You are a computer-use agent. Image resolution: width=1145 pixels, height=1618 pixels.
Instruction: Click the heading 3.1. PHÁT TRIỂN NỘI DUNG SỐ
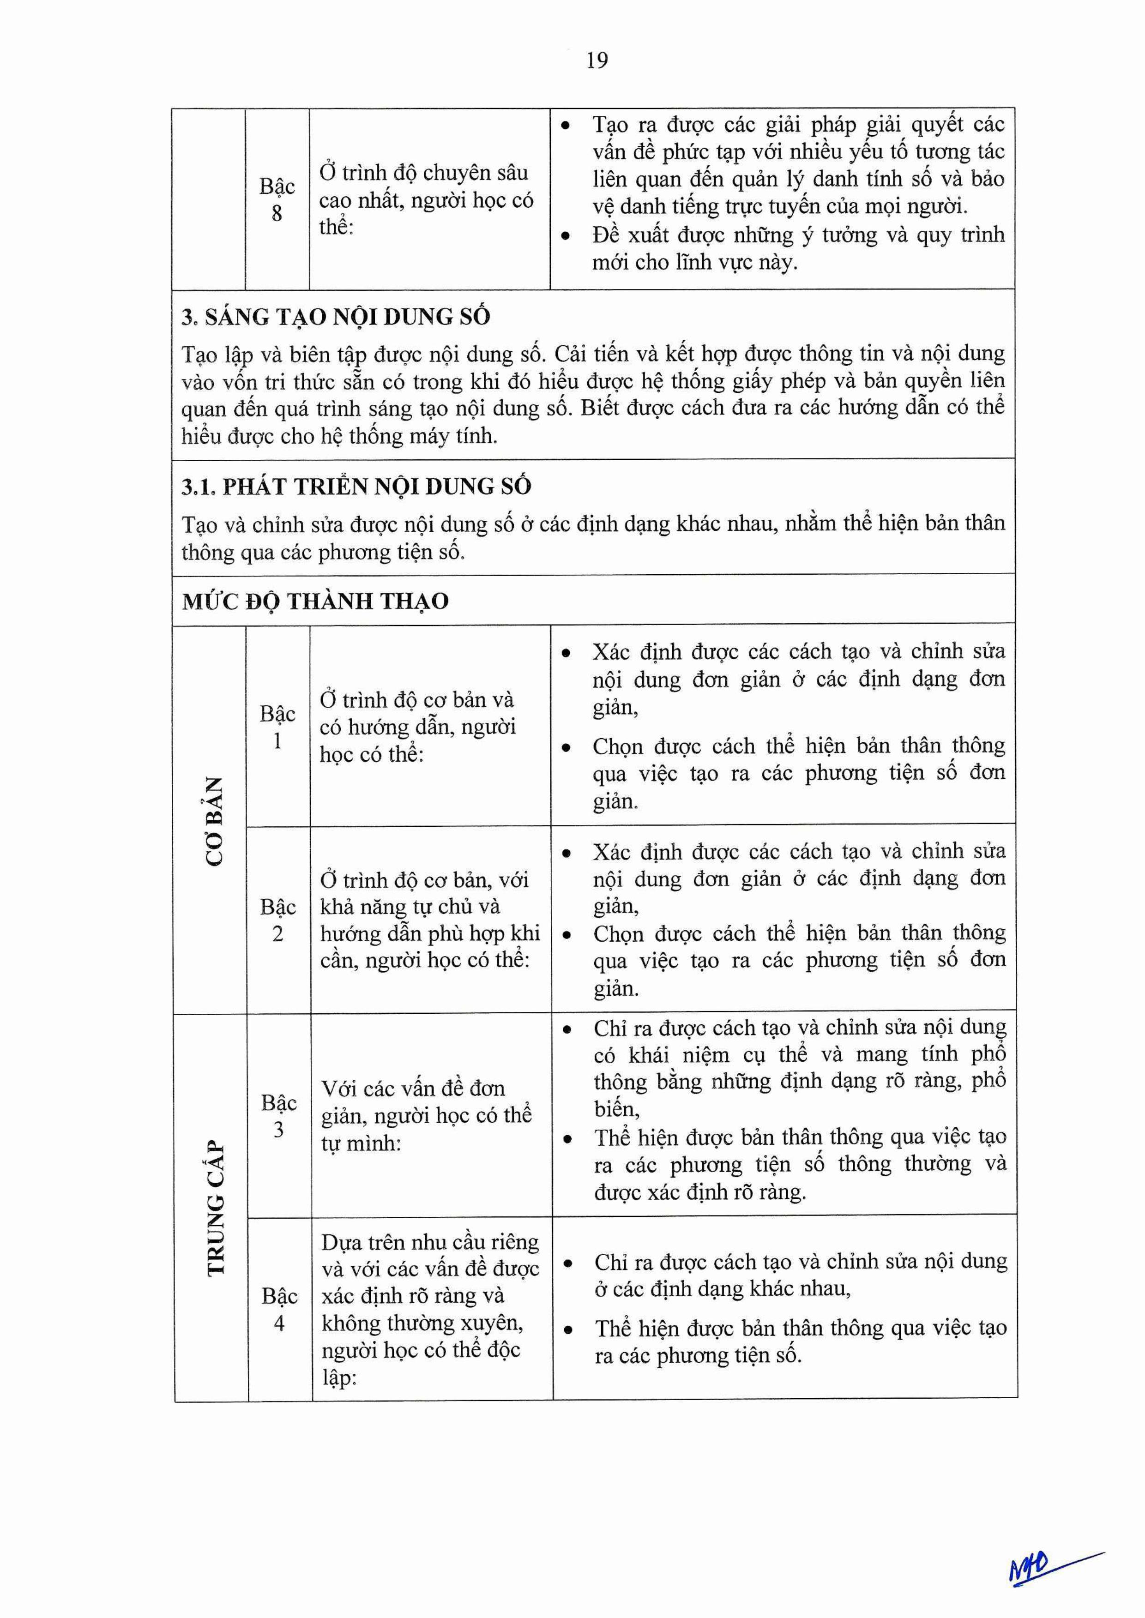click(x=356, y=487)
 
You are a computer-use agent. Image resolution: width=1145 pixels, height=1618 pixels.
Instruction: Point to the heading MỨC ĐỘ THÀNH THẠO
click(x=315, y=601)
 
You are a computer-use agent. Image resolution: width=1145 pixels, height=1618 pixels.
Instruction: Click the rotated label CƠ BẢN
click(x=214, y=821)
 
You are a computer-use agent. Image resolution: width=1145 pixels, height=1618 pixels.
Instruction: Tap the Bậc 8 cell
click(x=277, y=199)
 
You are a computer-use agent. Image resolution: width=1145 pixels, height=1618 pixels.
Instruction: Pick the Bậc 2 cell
click(x=278, y=920)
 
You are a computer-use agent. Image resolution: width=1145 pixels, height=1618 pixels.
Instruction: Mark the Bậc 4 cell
click(x=279, y=1309)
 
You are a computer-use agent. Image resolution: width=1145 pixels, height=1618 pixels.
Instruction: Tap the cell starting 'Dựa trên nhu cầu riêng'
click(x=430, y=1309)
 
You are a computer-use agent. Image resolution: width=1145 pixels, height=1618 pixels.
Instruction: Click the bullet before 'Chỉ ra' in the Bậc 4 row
click(x=567, y=1263)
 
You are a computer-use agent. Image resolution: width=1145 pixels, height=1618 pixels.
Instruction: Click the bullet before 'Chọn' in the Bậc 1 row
click(x=566, y=748)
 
